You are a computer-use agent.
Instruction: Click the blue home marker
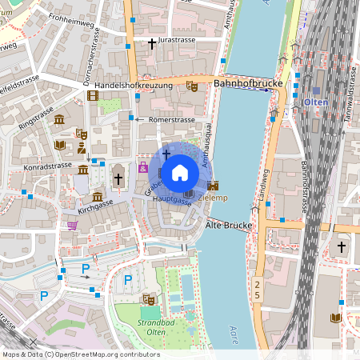[x=180, y=172]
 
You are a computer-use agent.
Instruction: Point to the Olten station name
[x=314, y=102]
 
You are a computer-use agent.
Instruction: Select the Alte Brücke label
[x=230, y=226]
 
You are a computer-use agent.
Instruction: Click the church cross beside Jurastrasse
[x=151, y=42]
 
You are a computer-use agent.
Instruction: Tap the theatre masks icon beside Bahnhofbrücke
[x=191, y=84]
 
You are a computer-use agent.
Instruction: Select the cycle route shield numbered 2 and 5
[x=257, y=290]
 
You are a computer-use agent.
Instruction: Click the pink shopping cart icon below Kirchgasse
[x=73, y=226]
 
